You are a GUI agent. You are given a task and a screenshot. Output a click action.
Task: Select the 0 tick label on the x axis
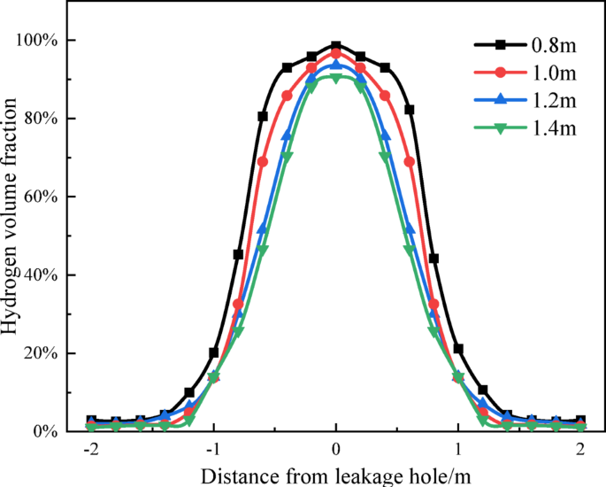coord(336,450)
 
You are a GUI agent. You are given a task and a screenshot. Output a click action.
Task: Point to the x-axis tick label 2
coord(581,450)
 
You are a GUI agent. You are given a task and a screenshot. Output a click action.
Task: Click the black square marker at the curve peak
coord(336,46)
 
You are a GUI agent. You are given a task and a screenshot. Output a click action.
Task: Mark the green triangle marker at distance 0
coord(336,79)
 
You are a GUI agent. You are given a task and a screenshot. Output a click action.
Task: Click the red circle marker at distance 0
coord(336,53)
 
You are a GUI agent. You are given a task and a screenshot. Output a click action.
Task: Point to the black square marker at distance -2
coord(91,420)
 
